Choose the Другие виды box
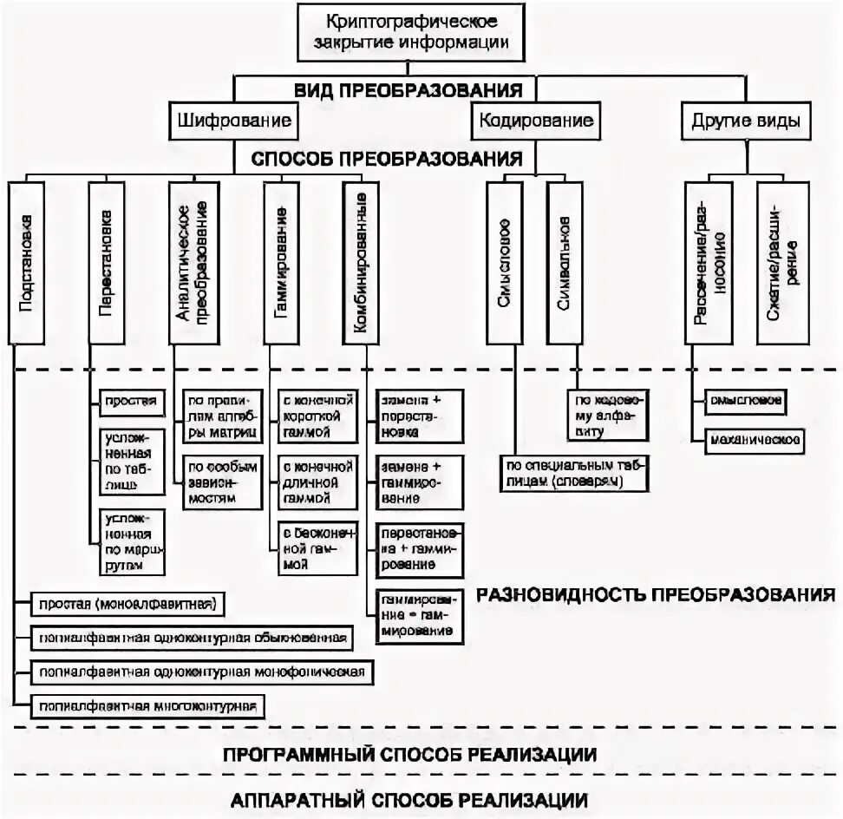(745, 120)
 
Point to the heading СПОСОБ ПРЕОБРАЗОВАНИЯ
(386, 159)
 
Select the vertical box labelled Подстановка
(26, 262)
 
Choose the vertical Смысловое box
(504, 262)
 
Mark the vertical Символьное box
(564, 262)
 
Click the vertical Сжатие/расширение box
(782, 262)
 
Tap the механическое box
(754, 439)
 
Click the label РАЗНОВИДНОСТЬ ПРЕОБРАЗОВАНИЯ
(654, 595)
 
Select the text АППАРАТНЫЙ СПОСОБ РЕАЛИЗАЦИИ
(410, 799)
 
